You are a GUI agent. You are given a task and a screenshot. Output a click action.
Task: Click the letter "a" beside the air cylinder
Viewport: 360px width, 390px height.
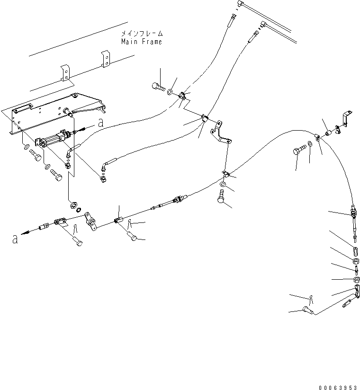click(99, 123)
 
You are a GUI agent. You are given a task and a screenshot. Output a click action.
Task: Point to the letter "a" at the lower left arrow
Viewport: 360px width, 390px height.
click(15, 239)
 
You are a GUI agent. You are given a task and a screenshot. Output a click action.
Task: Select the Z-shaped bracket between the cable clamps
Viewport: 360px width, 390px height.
click(222, 133)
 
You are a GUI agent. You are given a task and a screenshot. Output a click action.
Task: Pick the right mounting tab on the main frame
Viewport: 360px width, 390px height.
click(105, 60)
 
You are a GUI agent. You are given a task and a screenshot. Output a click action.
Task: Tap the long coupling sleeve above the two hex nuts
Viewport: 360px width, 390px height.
click(355, 249)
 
